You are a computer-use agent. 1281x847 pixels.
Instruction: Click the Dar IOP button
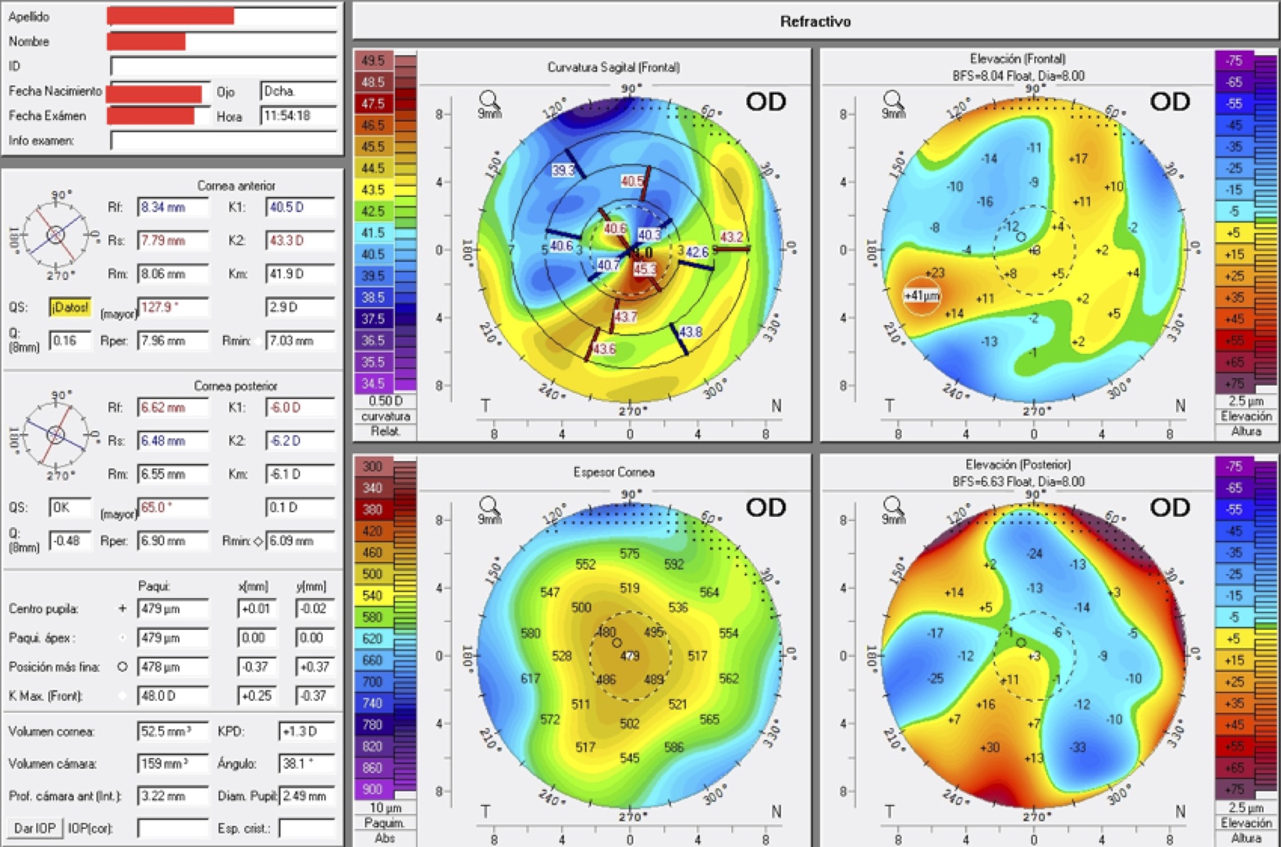pos(34,827)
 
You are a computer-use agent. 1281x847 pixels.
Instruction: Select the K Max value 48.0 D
pos(172,696)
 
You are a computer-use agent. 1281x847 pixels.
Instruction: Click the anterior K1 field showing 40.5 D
pos(299,208)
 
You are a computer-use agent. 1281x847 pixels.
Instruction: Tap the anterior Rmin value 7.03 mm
pos(299,340)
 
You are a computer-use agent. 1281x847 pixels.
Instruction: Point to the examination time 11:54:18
pos(297,116)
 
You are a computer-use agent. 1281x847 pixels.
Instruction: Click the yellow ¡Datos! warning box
pos(69,308)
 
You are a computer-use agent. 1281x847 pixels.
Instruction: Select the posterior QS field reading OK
pos(69,507)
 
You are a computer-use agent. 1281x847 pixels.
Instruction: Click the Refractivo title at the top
pos(815,22)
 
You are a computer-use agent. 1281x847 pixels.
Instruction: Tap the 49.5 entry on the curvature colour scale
pos(373,61)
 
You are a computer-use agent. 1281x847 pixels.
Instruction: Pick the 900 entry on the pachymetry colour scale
pos(373,789)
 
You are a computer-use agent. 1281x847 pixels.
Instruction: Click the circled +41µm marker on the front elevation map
pos(921,295)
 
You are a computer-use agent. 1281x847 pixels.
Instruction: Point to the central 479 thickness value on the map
pos(630,656)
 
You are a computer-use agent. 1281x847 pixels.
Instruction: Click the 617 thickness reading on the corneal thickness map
pos(530,678)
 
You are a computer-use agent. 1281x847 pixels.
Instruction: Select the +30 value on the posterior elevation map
pos(989,747)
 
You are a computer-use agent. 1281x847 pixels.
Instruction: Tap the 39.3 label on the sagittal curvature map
pos(562,170)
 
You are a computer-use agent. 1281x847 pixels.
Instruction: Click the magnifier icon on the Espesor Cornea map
pos(489,506)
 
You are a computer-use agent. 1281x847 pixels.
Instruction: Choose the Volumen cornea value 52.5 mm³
pos(172,731)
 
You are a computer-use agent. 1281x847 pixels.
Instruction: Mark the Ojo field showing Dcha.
pos(297,91)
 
